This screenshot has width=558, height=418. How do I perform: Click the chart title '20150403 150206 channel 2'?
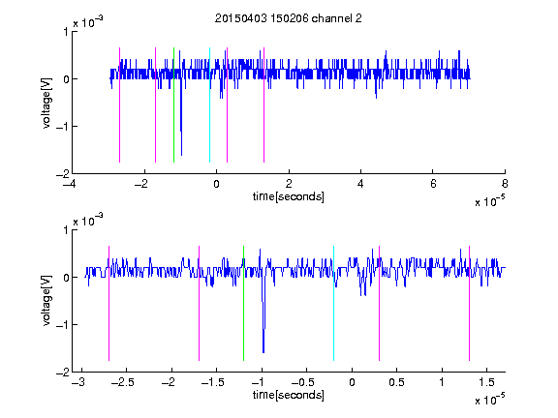(x=289, y=18)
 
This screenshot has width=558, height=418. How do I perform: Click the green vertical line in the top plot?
(x=173, y=104)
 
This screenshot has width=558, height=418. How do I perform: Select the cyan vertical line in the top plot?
(x=209, y=104)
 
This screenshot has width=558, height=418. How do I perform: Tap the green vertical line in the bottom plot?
(x=243, y=303)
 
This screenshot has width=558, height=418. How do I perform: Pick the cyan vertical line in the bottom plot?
(x=333, y=303)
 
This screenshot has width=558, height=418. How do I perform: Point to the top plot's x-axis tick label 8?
(x=505, y=184)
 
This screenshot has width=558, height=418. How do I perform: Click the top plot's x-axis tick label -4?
(x=70, y=184)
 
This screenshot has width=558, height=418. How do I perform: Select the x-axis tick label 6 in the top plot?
(x=433, y=184)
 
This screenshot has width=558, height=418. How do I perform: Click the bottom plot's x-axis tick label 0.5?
(x=396, y=382)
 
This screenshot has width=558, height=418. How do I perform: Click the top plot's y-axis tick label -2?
(x=62, y=174)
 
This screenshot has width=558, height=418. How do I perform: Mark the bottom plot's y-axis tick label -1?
(x=62, y=324)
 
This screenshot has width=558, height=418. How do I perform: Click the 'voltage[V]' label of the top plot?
(x=46, y=103)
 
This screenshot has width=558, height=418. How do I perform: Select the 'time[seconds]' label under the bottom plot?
(x=289, y=395)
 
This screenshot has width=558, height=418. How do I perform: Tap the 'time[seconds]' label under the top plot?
(x=289, y=196)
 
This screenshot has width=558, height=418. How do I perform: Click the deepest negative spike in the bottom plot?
(x=263, y=352)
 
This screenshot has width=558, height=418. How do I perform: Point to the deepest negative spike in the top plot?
(x=181, y=154)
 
